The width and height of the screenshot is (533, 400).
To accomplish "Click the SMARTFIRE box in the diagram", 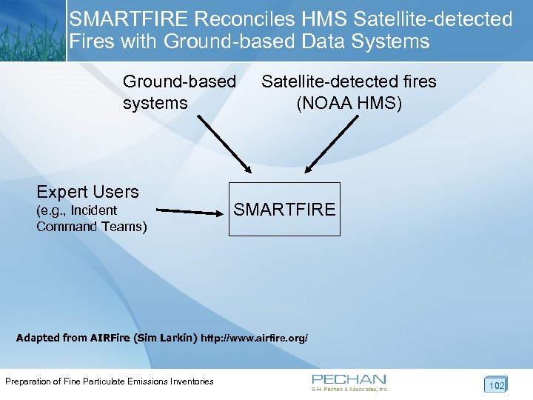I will pyautogui.click(x=284, y=209).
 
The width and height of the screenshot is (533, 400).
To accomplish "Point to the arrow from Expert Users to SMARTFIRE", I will pyautogui.click(x=190, y=211).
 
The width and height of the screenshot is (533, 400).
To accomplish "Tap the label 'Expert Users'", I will pyautogui.click(x=87, y=192).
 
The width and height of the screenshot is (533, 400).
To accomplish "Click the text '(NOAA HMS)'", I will pyautogui.click(x=349, y=103).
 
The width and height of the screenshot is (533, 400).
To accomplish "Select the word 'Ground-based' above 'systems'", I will pyautogui.click(x=179, y=81).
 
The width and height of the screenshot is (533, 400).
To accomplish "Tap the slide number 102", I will pyautogui.click(x=496, y=385).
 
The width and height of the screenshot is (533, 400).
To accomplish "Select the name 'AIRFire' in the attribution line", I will pyautogui.click(x=110, y=339).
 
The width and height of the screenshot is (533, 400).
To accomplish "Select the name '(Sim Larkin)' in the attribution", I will pyautogui.click(x=166, y=339).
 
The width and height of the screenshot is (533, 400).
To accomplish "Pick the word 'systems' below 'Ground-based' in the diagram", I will pyautogui.click(x=155, y=103).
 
